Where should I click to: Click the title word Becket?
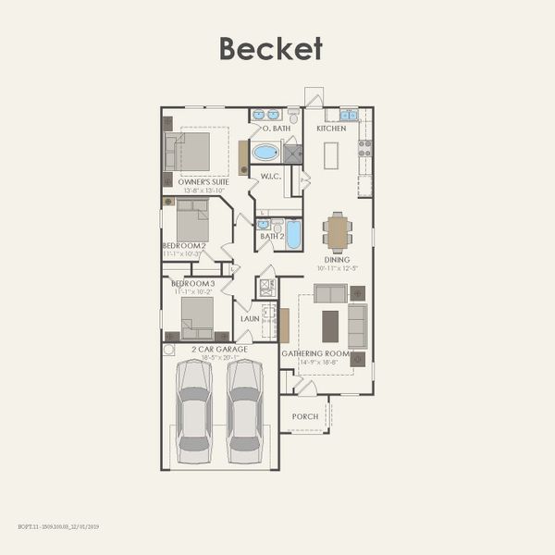pyautogui.click(x=271, y=48)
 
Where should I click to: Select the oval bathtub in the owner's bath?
pyautogui.click(x=265, y=152)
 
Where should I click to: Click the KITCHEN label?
pyautogui.click(x=331, y=129)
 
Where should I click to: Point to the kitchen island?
pyautogui.click(x=331, y=154)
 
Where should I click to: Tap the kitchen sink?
pyautogui.click(x=348, y=115)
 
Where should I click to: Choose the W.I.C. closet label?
pyautogui.click(x=270, y=177)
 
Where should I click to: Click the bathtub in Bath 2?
pyautogui.click(x=293, y=234)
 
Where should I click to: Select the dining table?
pyautogui.click(x=338, y=231)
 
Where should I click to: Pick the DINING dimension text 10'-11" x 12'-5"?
pyautogui.click(x=337, y=268)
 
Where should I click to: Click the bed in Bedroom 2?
pyautogui.click(x=192, y=221)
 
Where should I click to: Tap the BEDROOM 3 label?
pyautogui.click(x=192, y=283)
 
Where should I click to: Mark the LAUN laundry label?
pyautogui.click(x=250, y=318)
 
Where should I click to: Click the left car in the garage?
pyautogui.click(x=194, y=412)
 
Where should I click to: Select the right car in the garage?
pyautogui.click(x=245, y=412)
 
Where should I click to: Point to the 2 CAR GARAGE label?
pyautogui.click(x=214, y=349)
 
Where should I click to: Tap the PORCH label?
pyautogui.click(x=304, y=416)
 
